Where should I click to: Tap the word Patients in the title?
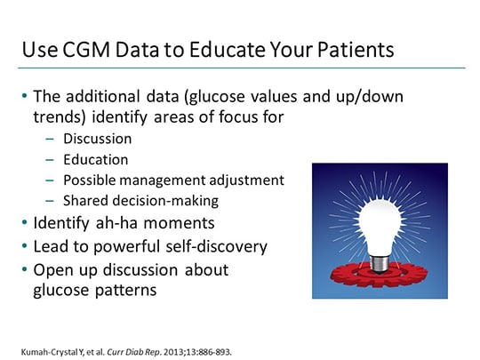[x=349, y=50]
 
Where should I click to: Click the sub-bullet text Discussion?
[x=98, y=139]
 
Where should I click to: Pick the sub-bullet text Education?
[x=96, y=159]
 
